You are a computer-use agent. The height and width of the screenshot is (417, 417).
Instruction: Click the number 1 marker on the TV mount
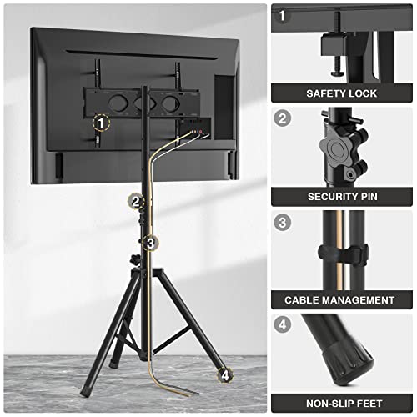click(x=102, y=123)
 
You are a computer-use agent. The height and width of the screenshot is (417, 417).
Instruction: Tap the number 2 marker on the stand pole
click(x=136, y=201)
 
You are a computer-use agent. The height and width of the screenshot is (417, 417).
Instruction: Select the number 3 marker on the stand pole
click(x=150, y=244)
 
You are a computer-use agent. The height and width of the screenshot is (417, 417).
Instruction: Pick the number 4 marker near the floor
click(x=224, y=375)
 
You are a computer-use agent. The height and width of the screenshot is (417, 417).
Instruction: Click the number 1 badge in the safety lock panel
click(x=283, y=16)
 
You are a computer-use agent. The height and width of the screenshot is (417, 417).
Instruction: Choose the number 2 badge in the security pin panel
click(x=283, y=118)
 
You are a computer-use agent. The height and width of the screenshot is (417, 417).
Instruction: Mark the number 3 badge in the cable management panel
click(x=283, y=222)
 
